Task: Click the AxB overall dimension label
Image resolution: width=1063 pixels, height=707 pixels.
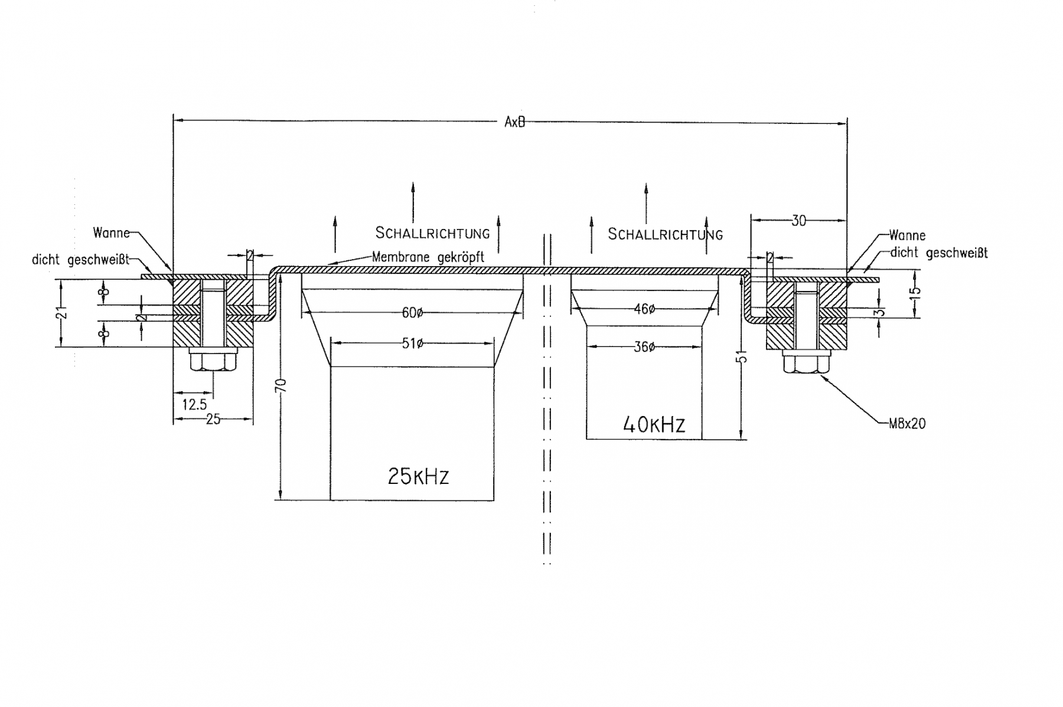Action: coord(514,122)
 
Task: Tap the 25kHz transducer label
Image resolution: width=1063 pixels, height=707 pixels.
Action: coord(418,476)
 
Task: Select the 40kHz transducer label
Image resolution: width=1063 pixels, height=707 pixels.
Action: coord(654,424)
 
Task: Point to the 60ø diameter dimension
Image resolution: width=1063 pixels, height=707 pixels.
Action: coord(412,312)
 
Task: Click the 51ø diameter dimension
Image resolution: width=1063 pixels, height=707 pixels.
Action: coord(412,343)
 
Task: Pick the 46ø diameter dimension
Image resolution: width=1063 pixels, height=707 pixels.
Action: coord(644,309)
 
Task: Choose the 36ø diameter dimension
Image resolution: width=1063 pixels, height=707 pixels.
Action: coord(644,347)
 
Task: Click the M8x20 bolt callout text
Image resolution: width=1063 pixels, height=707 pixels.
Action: coord(907,423)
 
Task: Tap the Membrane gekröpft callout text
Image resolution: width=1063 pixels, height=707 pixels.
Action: coord(428,257)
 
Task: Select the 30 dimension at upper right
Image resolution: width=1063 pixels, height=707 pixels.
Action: coord(798,221)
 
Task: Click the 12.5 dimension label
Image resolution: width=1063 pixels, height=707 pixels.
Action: coord(194,405)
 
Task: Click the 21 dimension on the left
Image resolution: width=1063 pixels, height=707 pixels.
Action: coord(63,312)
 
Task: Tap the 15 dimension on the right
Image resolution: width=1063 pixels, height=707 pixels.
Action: coord(914,292)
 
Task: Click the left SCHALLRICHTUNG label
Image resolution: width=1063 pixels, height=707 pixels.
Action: coord(433,233)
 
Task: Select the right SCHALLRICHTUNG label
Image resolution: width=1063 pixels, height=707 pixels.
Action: coord(666,234)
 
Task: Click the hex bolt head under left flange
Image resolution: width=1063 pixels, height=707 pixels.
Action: coord(213,359)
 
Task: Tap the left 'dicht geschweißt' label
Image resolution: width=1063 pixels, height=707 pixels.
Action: coord(80,260)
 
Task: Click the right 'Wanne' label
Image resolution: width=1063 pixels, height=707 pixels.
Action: coord(908,235)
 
